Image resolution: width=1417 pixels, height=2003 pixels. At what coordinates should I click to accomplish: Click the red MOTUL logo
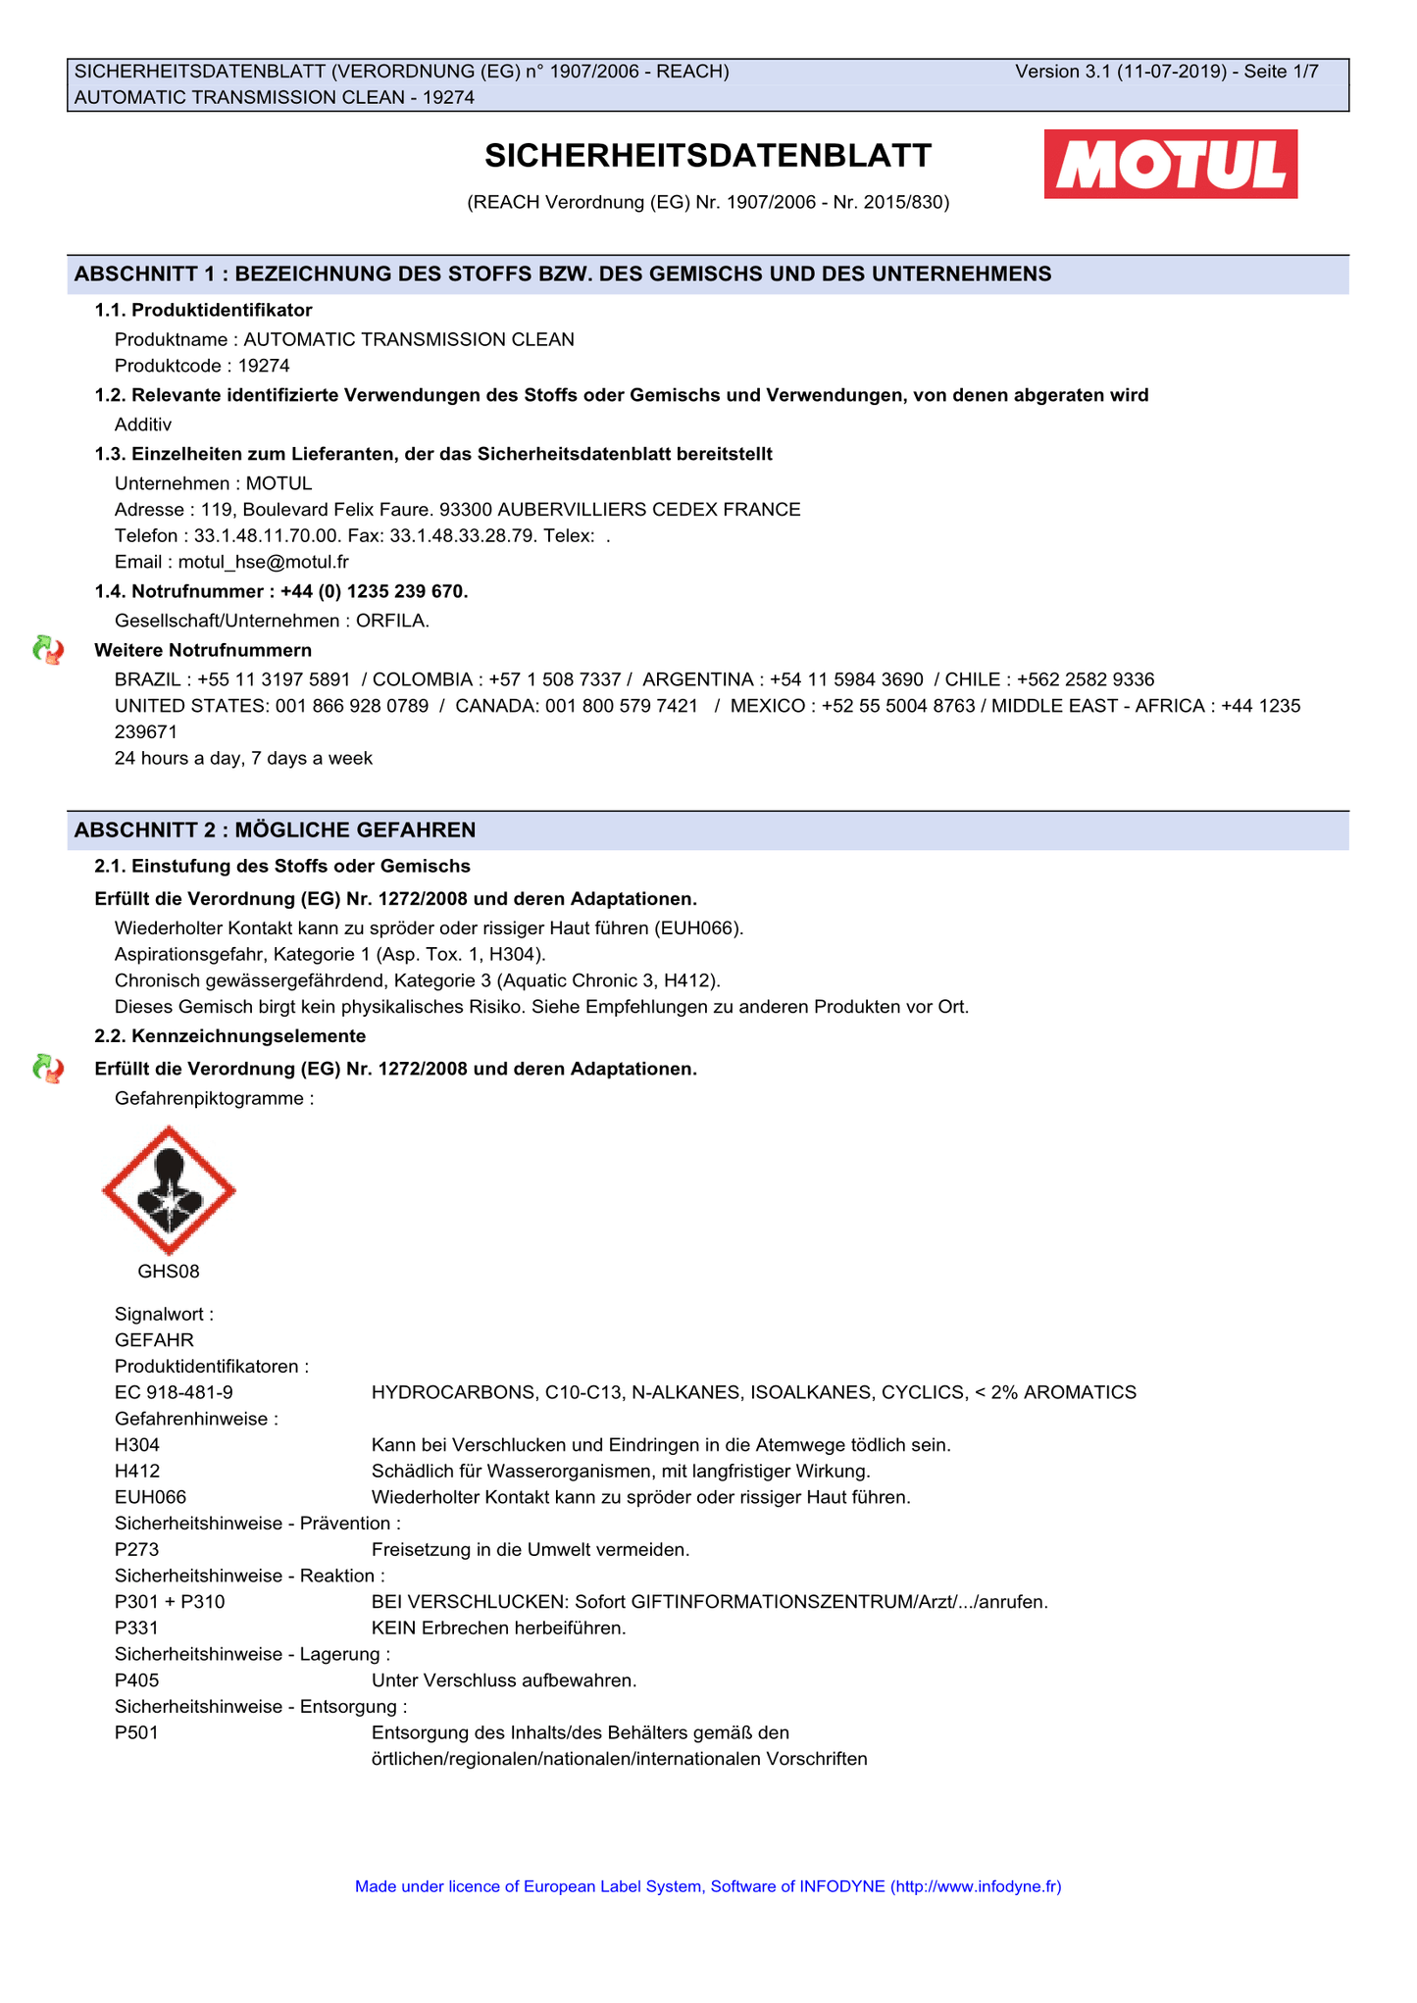click(x=1170, y=164)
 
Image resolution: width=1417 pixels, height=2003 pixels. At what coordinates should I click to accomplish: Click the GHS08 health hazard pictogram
click(x=169, y=1190)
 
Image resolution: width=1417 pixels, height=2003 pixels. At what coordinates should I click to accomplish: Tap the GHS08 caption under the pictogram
click(x=169, y=1272)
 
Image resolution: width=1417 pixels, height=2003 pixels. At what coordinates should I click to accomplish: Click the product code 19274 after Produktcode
click(x=264, y=366)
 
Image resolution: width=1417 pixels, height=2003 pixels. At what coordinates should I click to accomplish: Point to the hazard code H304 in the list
click(x=137, y=1444)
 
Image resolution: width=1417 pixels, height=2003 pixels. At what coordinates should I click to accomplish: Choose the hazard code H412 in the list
click(x=137, y=1471)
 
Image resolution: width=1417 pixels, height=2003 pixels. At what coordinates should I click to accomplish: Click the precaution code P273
click(x=137, y=1549)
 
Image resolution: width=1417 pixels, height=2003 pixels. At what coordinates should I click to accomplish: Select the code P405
click(x=137, y=1680)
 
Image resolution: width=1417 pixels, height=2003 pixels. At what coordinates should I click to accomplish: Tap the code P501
click(x=137, y=1732)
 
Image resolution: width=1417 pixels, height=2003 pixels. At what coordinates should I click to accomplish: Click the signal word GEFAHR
click(x=154, y=1339)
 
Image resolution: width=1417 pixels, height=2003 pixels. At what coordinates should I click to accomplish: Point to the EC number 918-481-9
click(x=174, y=1392)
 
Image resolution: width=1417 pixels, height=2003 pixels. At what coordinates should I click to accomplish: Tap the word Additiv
click(x=143, y=425)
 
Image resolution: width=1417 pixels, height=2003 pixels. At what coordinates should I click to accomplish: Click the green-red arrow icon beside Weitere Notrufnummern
click(x=48, y=650)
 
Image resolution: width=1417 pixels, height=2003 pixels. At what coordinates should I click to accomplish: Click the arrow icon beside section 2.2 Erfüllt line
click(x=48, y=1069)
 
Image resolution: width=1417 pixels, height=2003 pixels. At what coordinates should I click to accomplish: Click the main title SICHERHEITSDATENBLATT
click(x=708, y=156)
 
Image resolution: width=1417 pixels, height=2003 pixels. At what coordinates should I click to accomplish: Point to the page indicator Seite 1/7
click(x=1282, y=72)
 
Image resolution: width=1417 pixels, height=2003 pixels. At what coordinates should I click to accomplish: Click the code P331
click(x=137, y=1627)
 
